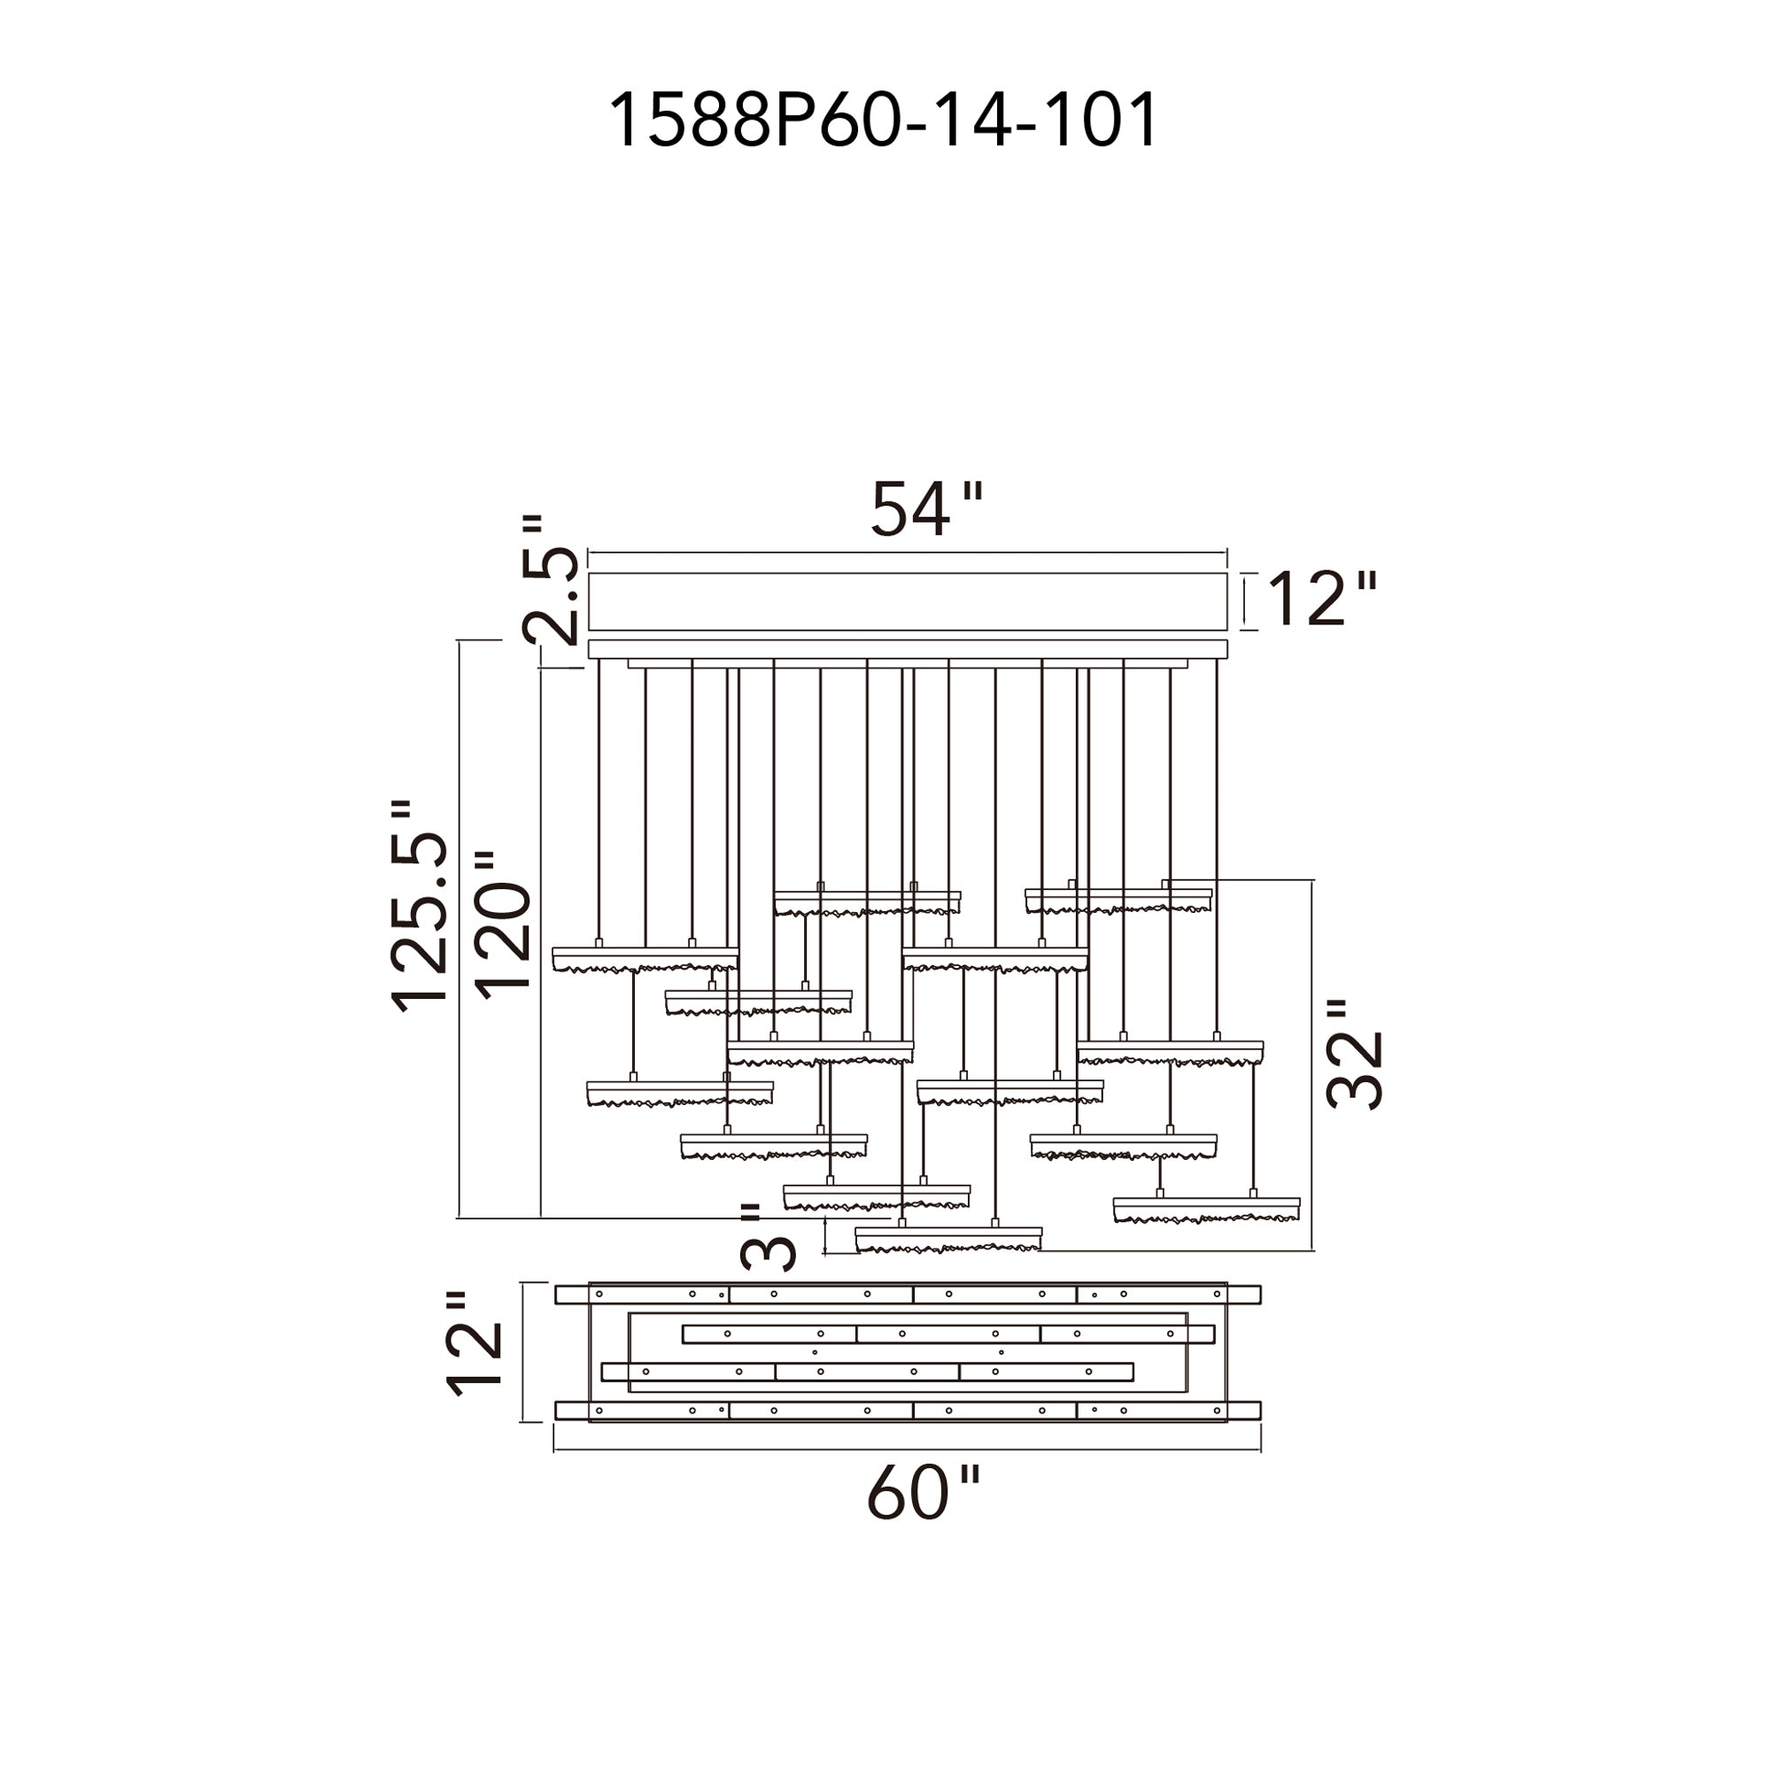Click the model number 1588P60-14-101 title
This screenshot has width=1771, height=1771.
pyautogui.click(x=884, y=120)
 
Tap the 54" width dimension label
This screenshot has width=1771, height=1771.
pyautogui.click(x=926, y=510)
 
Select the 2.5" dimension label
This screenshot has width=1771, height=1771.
pyautogui.click(x=551, y=581)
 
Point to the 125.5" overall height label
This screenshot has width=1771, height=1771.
pyautogui.click(x=421, y=907)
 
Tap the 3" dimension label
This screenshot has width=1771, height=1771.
pyautogui.click(x=767, y=1238)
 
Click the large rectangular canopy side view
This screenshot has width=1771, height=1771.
pyautogui.click(x=907, y=602)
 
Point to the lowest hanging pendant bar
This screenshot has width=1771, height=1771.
pyautogui.click(x=947, y=1240)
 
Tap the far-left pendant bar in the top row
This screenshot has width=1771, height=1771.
pyautogui.click(x=645, y=959)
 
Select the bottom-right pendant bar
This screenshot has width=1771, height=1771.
pyautogui.click(x=1205, y=1209)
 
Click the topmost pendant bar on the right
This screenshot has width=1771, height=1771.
pyautogui.click(x=1118, y=900)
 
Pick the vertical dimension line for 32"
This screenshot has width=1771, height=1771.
pyautogui.click(x=1312, y=1063)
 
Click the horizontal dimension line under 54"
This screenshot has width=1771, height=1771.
pyautogui.click(x=907, y=553)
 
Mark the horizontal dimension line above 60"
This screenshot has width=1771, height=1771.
pyautogui.click(x=907, y=1450)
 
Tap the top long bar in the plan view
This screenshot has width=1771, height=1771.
pyautogui.click(x=907, y=1295)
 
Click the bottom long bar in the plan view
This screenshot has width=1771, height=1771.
pyautogui.click(x=907, y=1410)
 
